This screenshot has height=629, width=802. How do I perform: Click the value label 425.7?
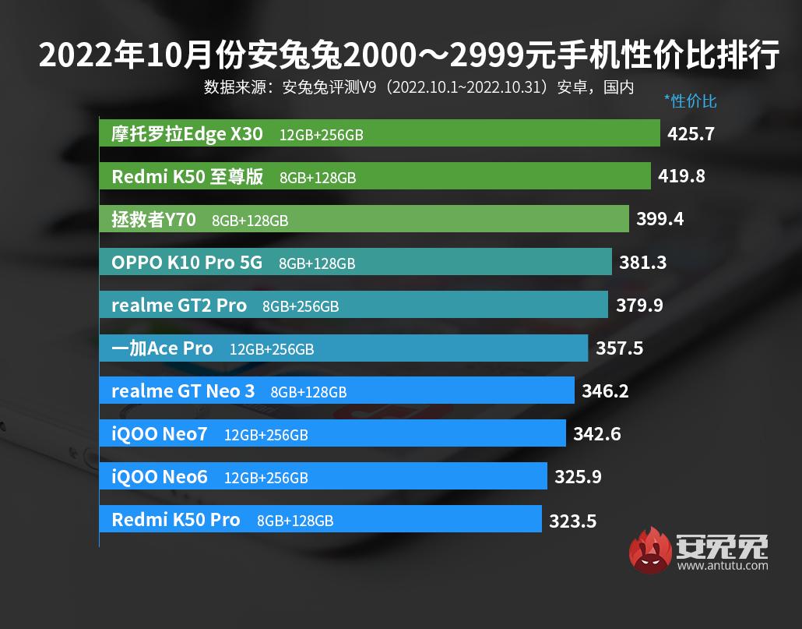pyautogui.click(x=691, y=134)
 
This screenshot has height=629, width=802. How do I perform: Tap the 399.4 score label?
pyautogui.click(x=660, y=219)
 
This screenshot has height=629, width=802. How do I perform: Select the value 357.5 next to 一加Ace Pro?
pyautogui.click(x=619, y=348)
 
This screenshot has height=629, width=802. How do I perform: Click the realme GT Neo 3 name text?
pyautogui.click(x=183, y=390)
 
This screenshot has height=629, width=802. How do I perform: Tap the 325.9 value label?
pyautogui.click(x=578, y=476)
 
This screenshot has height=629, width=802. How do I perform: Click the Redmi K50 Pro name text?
pyautogui.click(x=176, y=519)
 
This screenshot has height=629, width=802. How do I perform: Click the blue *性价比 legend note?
pyautogui.click(x=690, y=101)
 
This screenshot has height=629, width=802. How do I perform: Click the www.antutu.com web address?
pyautogui.click(x=723, y=567)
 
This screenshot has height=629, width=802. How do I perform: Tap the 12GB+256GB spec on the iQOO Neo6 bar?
pyautogui.click(x=266, y=477)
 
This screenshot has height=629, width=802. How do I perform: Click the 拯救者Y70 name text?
pyautogui.click(x=153, y=220)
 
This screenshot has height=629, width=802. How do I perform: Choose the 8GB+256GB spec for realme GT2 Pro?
pyautogui.click(x=301, y=306)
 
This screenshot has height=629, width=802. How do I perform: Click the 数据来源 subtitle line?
pyautogui.click(x=418, y=87)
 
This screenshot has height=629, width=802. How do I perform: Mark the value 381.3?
pyautogui.click(x=642, y=263)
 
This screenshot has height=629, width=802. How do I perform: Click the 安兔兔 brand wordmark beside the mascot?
pyautogui.click(x=723, y=546)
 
